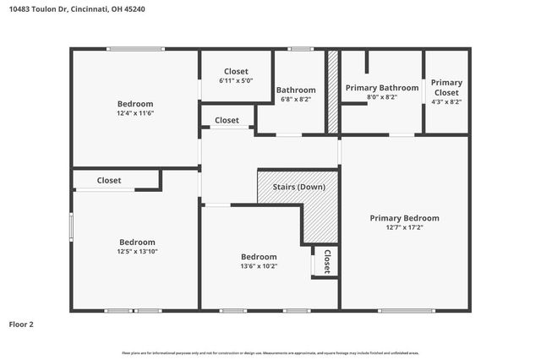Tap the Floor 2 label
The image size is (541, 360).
(21, 324)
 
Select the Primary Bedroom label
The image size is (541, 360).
(404, 218)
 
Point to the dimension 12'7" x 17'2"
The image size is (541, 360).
(404, 227)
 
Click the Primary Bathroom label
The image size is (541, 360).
(381, 88)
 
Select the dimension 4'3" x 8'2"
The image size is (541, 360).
(446, 101)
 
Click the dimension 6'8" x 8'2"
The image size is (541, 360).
(296, 99)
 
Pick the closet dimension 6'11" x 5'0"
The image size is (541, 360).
(236, 80)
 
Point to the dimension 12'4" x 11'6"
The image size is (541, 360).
(135, 112)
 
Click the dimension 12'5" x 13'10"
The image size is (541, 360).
(136, 251)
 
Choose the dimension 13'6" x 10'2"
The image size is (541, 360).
(259, 266)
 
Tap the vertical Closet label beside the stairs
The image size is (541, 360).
(326, 260)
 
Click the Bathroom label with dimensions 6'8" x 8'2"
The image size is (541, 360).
(296, 90)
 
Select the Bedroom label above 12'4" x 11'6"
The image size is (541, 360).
(135, 103)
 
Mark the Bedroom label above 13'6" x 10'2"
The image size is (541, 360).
(259, 257)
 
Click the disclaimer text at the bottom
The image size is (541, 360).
(270, 352)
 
